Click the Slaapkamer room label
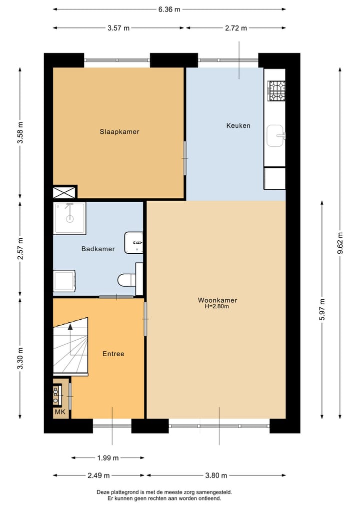(119, 132)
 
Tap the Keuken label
(238, 125)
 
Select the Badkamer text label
(98, 249)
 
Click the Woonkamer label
(217, 300)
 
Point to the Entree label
(113, 354)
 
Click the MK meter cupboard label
(59, 412)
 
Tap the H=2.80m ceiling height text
(217, 307)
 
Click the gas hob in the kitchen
(276, 91)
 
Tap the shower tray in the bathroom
(69, 218)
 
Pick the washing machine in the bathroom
(64, 281)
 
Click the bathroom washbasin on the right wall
(134, 242)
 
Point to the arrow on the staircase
(70, 327)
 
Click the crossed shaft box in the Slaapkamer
(65, 192)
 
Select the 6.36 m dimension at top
(169, 9)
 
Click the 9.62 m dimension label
(340, 243)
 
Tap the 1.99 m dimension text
(108, 458)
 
